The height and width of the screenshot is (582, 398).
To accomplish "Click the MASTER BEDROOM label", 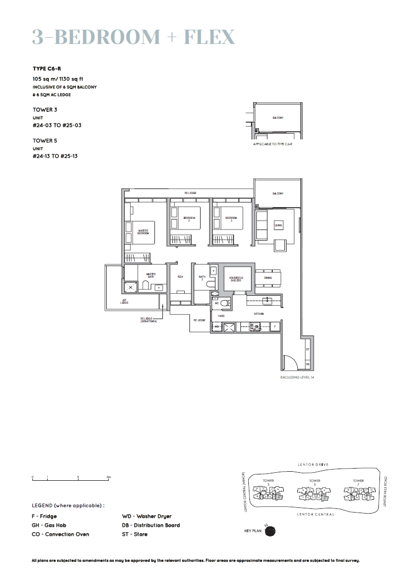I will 143,232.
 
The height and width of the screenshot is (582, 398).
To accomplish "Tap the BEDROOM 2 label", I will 189,218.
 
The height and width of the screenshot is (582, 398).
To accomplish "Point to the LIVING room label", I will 278,226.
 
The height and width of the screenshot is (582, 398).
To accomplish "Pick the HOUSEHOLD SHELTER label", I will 236,279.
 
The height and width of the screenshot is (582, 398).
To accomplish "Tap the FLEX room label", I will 180,277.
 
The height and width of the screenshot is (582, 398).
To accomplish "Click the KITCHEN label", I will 259,314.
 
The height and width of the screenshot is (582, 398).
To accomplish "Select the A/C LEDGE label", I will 124,301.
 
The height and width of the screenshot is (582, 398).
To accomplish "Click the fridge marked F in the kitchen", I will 274,327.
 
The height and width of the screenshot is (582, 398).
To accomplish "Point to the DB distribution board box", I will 307,364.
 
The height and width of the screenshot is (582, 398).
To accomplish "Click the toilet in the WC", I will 224,304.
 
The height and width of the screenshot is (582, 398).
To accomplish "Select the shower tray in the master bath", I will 131,287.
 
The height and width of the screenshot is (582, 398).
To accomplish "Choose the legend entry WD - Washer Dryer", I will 147,516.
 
